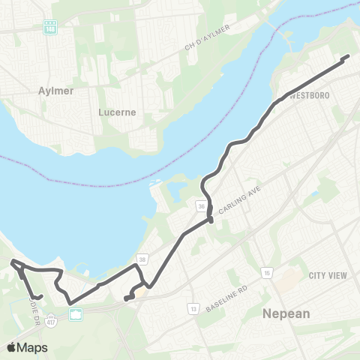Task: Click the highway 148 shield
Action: pyautogui.click(x=50, y=26)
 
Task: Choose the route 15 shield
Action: pyautogui.click(x=266, y=274)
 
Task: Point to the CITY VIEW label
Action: pyautogui.click(x=327, y=275)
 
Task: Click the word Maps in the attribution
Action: pyautogui.click(x=33, y=347)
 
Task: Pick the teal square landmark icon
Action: pyautogui.click(x=76, y=314)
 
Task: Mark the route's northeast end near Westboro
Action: pyautogui.click(x=347, y=57)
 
